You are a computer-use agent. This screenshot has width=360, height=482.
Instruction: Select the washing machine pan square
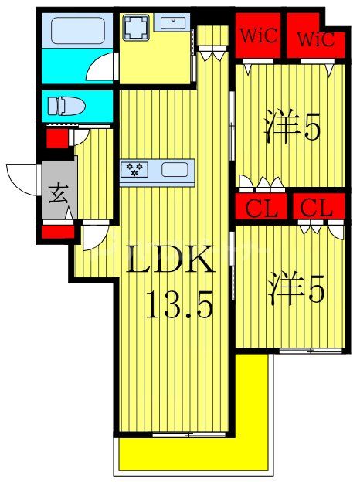(x=138, y=29)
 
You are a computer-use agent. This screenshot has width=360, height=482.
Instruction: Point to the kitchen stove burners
(x=135, y=168)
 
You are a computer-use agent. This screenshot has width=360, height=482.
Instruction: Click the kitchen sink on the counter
(x=175, y=168)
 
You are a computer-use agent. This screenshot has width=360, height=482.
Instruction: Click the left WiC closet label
(x=258, y=37)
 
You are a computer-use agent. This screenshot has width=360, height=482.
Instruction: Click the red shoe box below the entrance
(x=58, y=230)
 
